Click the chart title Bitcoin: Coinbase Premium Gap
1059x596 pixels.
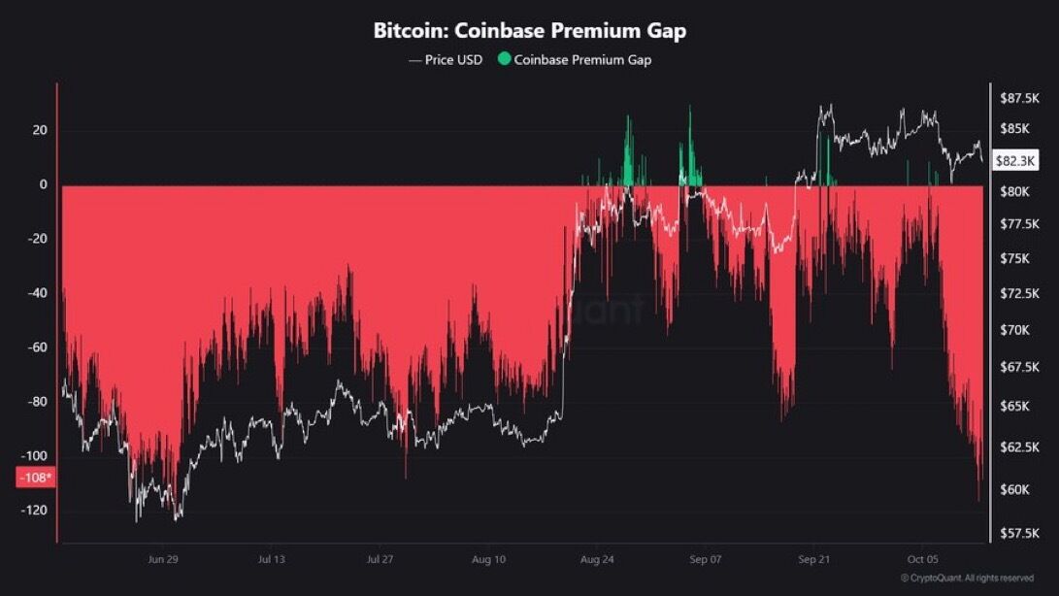coord(530,30)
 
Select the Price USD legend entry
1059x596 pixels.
coord(446,60)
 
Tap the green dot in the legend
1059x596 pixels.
coord(504,59)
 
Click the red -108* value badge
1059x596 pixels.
coord(36,478)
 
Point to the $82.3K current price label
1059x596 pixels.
coord(1015,161)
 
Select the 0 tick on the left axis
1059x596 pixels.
coord(44,184)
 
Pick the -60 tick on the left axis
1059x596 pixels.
coord(37,348)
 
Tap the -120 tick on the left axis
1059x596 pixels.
coord(34,511)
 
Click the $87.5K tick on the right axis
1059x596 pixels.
coord(1020,99)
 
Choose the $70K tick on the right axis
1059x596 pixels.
coord(1015,330)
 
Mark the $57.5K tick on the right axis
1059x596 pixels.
coord(1020,534)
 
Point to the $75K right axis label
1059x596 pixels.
coord(1015,259)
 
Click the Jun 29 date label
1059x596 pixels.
coord(163,559)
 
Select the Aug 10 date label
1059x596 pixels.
coord(488,559)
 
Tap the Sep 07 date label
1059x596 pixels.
coord(705,559)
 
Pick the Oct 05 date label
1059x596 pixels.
coord(922,559)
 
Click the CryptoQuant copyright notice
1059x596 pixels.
coord(967,578)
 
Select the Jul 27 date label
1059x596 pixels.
coord(380,559)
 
